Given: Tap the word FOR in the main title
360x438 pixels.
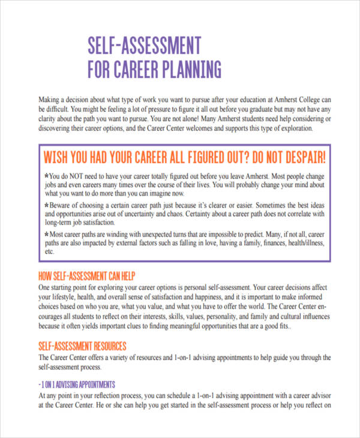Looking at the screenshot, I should (101, 70).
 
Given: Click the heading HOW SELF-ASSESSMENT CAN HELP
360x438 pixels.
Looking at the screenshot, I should (87, 276).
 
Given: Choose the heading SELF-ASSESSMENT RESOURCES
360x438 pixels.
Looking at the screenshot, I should (82, 346).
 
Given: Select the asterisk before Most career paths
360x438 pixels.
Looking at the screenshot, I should (47, 233).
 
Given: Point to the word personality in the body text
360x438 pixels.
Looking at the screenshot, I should (224, 316).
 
